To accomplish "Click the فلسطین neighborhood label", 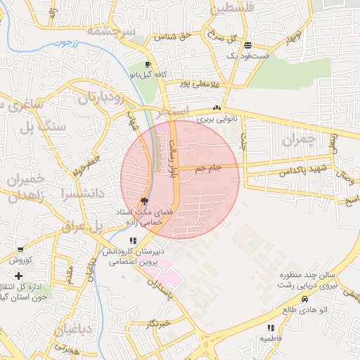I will click(222, 8).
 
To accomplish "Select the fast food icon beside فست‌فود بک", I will click(247, 45).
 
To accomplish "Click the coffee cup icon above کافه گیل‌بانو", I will click(147, 64).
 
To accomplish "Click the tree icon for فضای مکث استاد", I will click(143, 201).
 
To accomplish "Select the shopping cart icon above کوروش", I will click(20, 250).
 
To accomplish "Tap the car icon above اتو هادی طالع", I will click(304, 299).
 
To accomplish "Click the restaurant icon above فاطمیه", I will click(271, 328).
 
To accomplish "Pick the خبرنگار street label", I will click(158, 324).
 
